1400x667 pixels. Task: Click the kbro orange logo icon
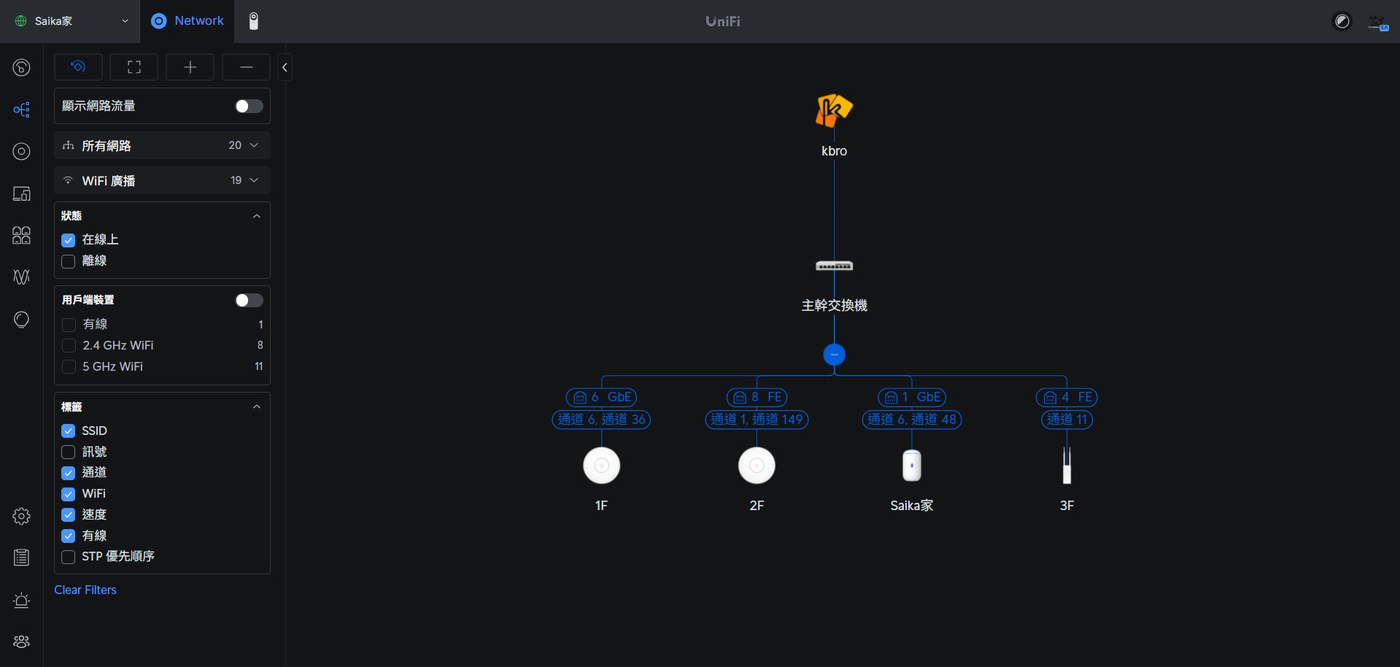point(834,111)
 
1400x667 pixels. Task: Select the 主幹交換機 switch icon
point(834,266)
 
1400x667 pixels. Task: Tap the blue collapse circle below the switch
point(834,355)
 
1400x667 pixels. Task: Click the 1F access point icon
point(601,466)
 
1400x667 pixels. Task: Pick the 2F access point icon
point(757,466)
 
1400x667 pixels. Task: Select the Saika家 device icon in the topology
point(911,466)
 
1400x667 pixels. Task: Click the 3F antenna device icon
point(1067,466)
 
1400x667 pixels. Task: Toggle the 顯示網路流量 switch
point(249,107)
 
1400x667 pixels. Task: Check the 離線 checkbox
point(69,261)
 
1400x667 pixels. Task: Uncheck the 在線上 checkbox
point(69,240)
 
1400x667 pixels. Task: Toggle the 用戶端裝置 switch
point(249,301)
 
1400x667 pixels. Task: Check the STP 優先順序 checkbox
point(69,557)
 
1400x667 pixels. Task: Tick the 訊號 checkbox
point(69,452)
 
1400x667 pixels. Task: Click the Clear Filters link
point(85,590)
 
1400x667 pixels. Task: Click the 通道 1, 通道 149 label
point(757,420)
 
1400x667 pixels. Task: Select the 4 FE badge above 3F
point(1067,398)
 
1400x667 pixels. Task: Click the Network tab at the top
point(188,21)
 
